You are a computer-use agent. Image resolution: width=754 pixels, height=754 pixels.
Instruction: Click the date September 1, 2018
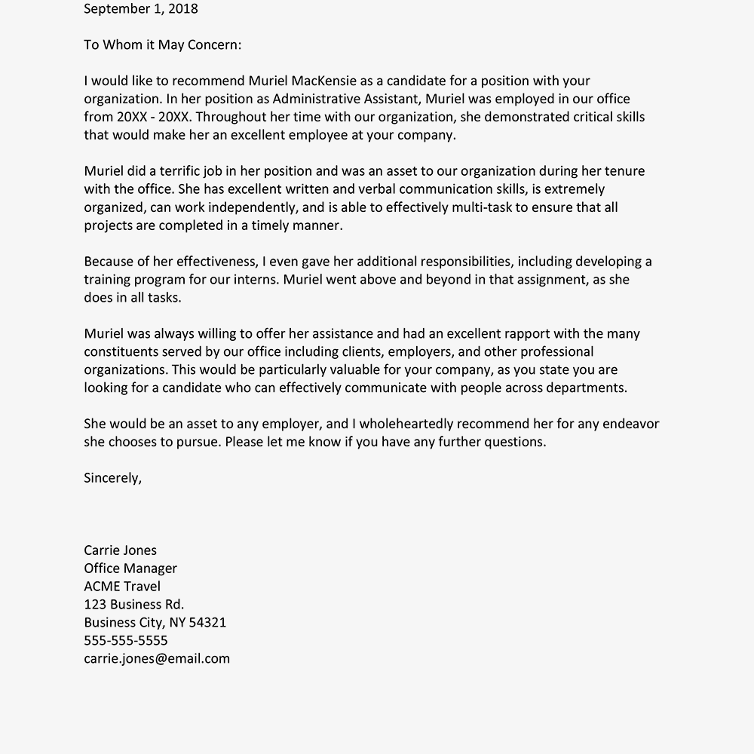[141, 9]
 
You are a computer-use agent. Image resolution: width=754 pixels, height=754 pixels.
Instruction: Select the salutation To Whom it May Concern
[162, 44]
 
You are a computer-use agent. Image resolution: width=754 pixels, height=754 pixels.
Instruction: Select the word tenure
[621, 171]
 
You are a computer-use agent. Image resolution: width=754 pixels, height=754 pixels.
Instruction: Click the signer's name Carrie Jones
[121, 550]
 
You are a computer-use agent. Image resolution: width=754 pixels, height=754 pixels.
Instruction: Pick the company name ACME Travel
[122, 587]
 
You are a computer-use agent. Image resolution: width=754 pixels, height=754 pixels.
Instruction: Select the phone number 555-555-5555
[126, 641]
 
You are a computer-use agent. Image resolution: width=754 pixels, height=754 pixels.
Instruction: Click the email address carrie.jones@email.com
[157, 659]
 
